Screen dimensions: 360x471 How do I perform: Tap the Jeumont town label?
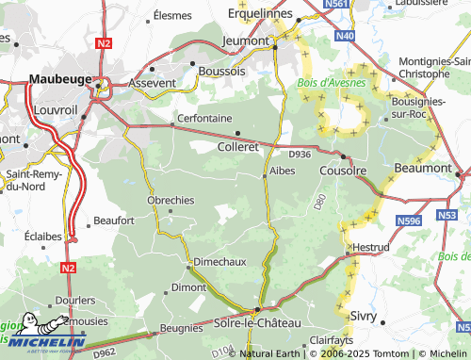coord(245,41)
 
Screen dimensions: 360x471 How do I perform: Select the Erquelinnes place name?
coord(264,14)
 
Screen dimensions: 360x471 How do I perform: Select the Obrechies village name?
coord(171,200)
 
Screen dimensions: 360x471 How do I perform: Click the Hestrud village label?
coord(369,247)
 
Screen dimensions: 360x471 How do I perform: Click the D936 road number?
coord(300,154)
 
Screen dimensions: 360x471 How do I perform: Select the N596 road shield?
coord(409,221)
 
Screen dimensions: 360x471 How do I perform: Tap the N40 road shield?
coord(345,36)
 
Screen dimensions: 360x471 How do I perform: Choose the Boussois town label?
coord(219,71)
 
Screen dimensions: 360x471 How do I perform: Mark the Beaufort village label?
coord(114,221)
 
